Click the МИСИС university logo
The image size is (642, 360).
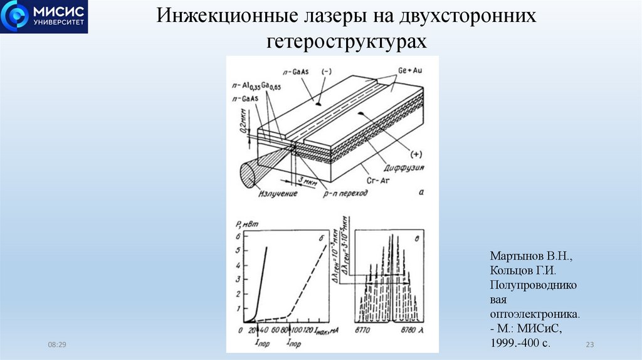pyautogui.click(x=44, y=17)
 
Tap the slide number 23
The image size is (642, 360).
pyautogui.click(x=589, y=344)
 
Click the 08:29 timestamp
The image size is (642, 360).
pyautogui.click(x=57, y=344)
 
